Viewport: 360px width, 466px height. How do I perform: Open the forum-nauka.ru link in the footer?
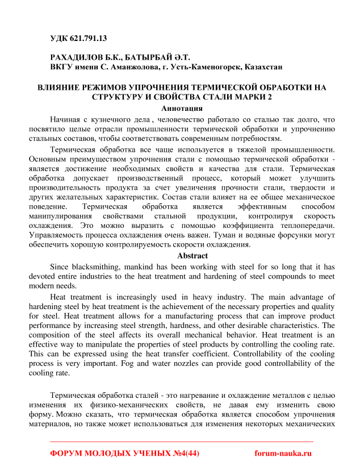[x=284, y=454]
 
